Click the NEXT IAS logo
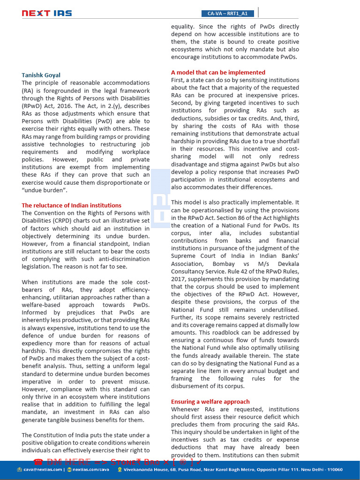pos(46,13)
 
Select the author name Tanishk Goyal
pos(41,75)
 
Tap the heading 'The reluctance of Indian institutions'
pos(71,205)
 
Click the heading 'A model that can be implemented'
pos(218,72)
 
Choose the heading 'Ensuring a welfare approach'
pos(210,402)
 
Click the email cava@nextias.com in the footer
pos(40,469)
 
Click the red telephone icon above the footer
pos(37,461)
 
